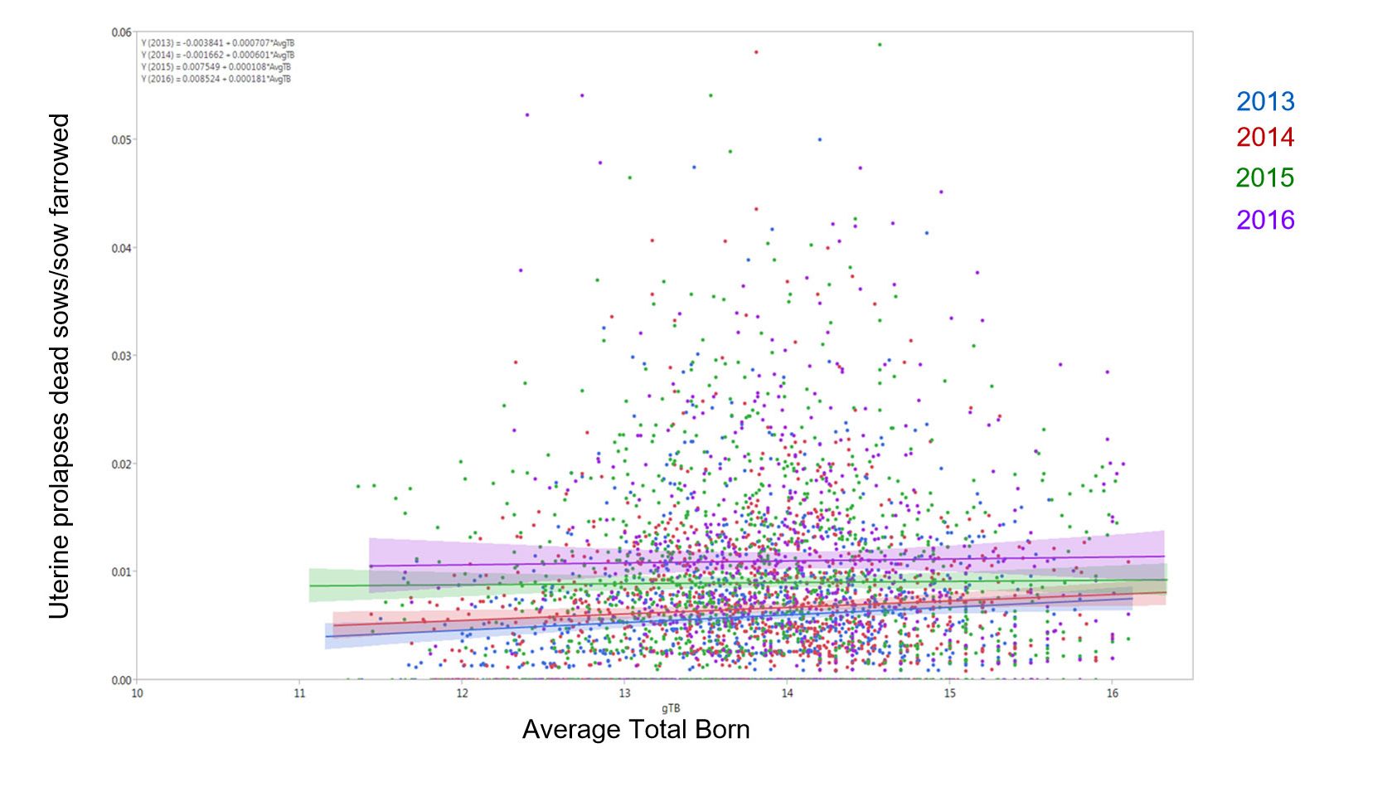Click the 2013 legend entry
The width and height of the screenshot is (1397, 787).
tap(1264, 101)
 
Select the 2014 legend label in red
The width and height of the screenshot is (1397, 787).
tap(1264, 137)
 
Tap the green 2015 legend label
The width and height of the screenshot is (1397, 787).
tap(1264, 177)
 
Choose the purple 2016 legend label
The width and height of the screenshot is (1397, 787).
tap(1264, 220)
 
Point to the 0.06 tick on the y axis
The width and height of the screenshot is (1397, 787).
tap(121, 32)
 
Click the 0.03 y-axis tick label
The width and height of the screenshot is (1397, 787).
tap(121, 356)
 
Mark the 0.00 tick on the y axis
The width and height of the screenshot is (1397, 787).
tap(121, 680)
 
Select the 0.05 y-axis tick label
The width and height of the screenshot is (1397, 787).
tap(121, 140)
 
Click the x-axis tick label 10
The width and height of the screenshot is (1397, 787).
tap(137, 693)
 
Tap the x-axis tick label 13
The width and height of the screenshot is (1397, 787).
tap(624, 693)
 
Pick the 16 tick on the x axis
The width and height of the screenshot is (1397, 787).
tap(1112, 693)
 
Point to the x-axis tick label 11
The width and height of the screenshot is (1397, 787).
tap(299, 693)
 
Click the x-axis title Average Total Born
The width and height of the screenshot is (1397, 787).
tap(636, 730)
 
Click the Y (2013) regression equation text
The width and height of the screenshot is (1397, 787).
tap(217, 43)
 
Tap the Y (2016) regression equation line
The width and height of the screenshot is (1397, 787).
tap(216, 79)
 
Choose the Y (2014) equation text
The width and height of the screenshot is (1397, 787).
tap(217, 55)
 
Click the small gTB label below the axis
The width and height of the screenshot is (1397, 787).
tap(671, 708)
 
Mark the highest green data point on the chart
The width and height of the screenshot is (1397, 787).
tap(880, 45)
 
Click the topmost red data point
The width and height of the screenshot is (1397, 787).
tap(756, 52)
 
